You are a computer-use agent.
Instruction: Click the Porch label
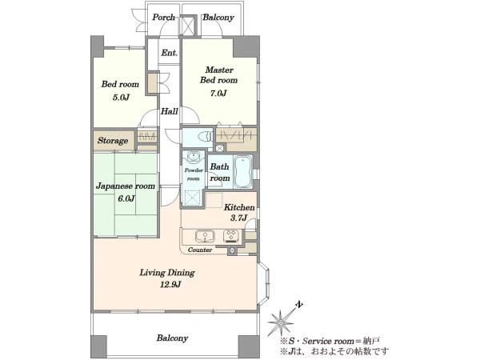[163, 17]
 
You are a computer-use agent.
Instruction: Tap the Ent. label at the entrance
[170, 53]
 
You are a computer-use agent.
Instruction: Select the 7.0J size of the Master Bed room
[218, 93]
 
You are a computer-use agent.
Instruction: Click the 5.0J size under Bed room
[121, 98]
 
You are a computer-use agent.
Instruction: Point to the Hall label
[170, 111]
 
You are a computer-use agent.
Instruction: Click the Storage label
[113, 141]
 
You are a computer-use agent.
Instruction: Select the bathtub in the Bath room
[243, 172]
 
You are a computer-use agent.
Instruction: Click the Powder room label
[194, 174]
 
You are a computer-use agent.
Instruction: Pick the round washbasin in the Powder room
[194, 157]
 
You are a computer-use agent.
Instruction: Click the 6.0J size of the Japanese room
[126, 198]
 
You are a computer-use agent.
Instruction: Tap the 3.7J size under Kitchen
[238, 218]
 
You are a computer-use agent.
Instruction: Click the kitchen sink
[205, 236]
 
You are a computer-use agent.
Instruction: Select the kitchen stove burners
[231, 236]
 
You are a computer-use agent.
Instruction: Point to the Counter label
[200, 250]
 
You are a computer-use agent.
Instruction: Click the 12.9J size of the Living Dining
[170, 285]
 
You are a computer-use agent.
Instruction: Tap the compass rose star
[280, 322]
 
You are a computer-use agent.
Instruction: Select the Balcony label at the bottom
[172, 338]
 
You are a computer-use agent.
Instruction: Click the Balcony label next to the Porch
[218, 18]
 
